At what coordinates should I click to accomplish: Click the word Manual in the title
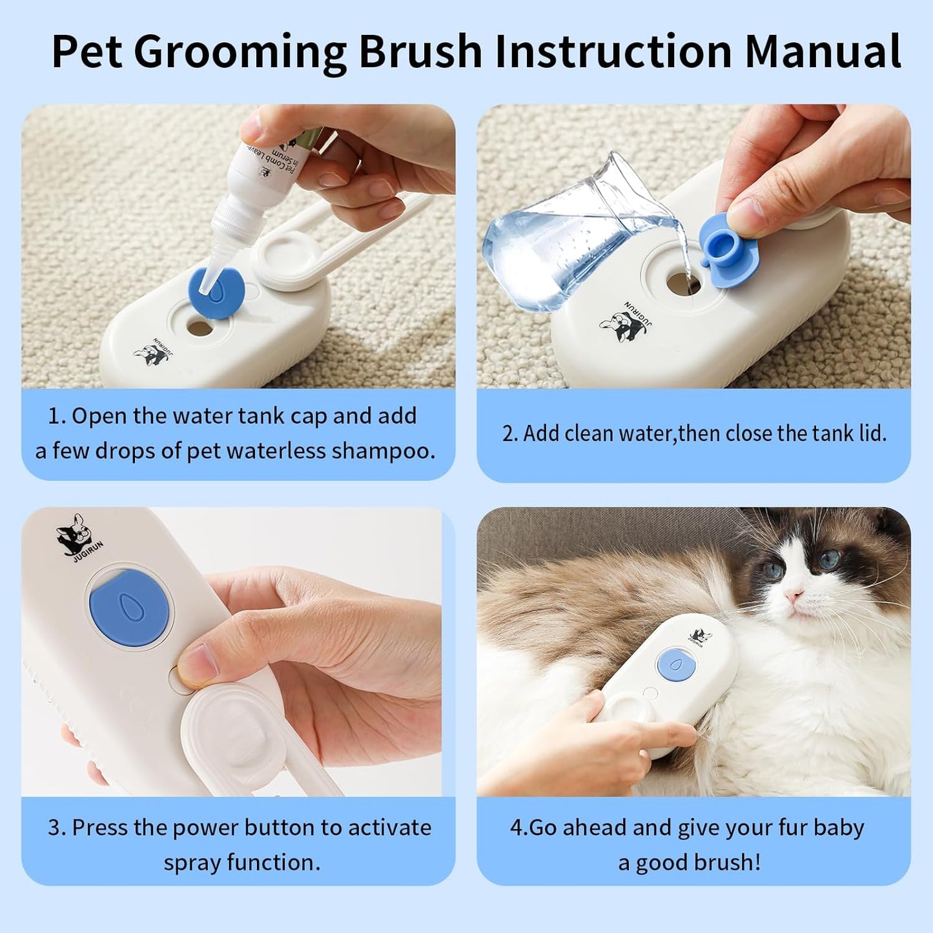[x=823, y=51]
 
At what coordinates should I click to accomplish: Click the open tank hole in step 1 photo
[x=199, y=327]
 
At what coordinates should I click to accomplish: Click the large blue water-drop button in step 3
[x=131, y=608]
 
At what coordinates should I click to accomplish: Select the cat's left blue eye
[x=773, y=570]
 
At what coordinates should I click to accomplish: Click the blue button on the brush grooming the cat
[x=676, y=665]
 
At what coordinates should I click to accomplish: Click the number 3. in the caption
[x=57, y=828]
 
